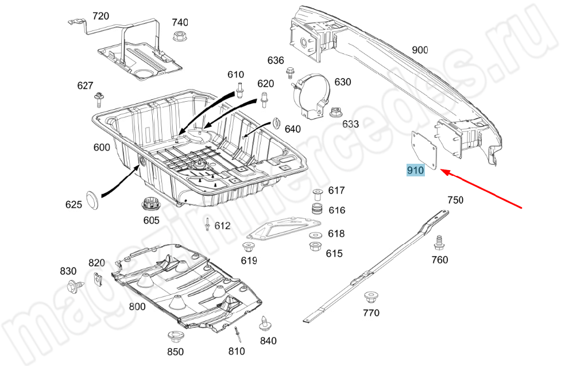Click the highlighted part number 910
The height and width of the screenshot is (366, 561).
coord(415,170)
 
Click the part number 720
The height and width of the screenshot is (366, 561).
coord(100,16)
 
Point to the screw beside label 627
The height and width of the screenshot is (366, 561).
coord(99,100)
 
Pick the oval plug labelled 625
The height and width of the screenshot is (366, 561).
coord(92,198)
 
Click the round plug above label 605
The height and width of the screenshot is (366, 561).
coord(150,203)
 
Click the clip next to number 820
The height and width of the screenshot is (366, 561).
coord(98,279)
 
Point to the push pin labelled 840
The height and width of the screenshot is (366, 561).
coord(265,323)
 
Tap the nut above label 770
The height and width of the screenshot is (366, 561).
coord(370,298)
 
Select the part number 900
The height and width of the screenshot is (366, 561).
coord(420,50)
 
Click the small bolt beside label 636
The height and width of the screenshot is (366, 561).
coord(290,72)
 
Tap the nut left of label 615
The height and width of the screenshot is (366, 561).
coord(315,247)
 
